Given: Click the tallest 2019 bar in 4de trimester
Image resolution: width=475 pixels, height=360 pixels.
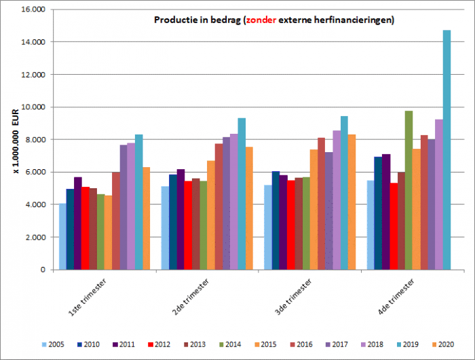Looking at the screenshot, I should pyautogui.click(x=446, y=149).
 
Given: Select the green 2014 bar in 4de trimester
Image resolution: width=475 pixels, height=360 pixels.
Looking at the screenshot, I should pyautogui.click(x=408, y=190).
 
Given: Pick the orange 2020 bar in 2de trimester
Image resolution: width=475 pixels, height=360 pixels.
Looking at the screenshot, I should pyautogui.click(x=249, y=208).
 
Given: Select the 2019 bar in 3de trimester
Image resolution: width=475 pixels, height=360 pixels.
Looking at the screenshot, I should pyautogui.click(x=344, y=193).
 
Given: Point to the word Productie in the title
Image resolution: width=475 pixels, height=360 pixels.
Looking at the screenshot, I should pyautogui.click(x=175, y=20).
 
